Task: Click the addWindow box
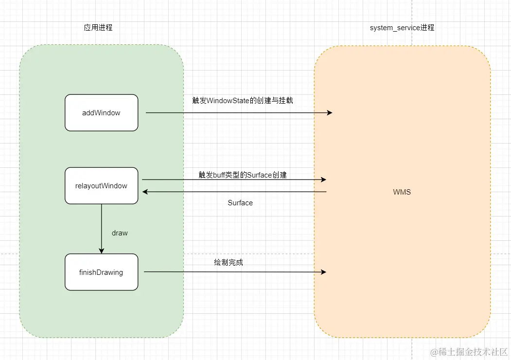[x=101, y=113]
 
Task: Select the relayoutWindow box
[x=101, y=186]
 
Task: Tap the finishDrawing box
[x=101, y=272]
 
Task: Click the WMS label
[x=402, y=192]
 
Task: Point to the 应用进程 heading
[x=98, y=28]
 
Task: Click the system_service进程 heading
[x=402, y=28]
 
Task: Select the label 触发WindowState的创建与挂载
[x=243, y=101]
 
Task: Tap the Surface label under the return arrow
[x=240, y=203]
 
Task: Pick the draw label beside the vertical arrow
[x=120, y=233]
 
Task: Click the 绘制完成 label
[x=228, y=262]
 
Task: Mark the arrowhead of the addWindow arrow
[x=330, y=113]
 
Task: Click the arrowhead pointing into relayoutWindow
[x=145, y=192]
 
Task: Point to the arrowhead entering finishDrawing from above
[x=102, y=251]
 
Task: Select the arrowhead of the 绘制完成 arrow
[x=323, y=272]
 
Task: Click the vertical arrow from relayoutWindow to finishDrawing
[x=102, y=226]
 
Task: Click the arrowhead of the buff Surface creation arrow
[x=323, y=180]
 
